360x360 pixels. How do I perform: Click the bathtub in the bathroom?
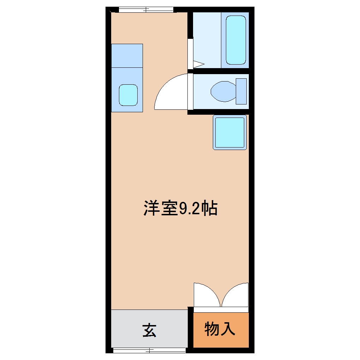pyautogui.click(x=236, y=40)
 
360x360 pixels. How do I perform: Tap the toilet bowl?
pyautogui.click(x=223, y=91)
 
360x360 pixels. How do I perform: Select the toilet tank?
pyautogui.click(x=241, y=91)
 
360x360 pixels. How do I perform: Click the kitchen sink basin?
pyautogui.click(x=128, y=95)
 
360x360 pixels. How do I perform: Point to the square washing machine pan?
pyautogui.click(x=230, y=132)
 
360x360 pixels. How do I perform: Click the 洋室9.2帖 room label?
pyautogui.click(x=180, y=208)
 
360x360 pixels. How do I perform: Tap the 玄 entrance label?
pyautogui.click(x=149, y=331)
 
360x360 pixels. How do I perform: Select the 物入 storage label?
pyautogui.click(x=220, y=329)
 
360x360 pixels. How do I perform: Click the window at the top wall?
pyautogui.click(x=146, y=10)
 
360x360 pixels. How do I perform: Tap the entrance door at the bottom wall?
pyautogui.click(x=149, y=350)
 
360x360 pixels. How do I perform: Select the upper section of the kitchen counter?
pyautogui.click(x=127, y=56)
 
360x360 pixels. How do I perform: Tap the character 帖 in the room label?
pyautogui.click(x=209, y=208)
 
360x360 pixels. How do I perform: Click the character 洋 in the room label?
pyautogui.click(x=152, y=208)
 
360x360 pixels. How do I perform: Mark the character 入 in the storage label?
pyautogui.click(x=228, y=329)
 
